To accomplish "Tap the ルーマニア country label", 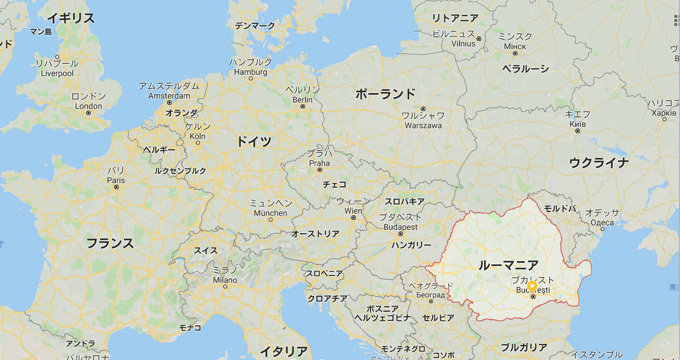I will (508, 265).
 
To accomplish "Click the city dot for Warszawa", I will (423, 109).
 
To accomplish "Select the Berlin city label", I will (302, 100).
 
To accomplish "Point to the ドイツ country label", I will (254, 142).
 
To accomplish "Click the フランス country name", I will (110, 244).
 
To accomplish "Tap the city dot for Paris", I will (116, 187).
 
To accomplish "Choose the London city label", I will (88, 106).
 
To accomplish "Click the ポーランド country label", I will (385, 94).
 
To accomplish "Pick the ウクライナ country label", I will (599, 163).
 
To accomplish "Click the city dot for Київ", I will (578, 131).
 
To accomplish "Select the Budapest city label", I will (401, 227).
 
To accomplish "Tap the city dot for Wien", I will (353, 218).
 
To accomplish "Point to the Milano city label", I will (225, 280).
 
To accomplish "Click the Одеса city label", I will (602, 222).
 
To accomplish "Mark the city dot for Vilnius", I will (479, 39).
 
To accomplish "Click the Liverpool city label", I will (57, 73).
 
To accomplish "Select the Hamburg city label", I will (251, 72).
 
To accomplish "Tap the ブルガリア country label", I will (524, 347).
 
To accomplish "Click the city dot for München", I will (270, 220).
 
